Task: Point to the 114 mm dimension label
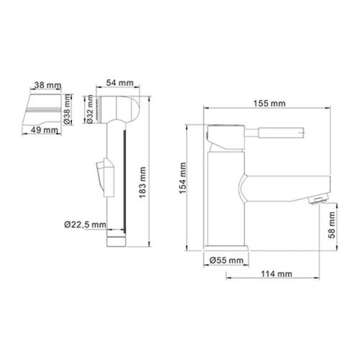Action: click(x=277, y=274)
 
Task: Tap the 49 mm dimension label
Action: click(x=45, y=130)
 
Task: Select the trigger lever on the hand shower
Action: click(x=104, y=178)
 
